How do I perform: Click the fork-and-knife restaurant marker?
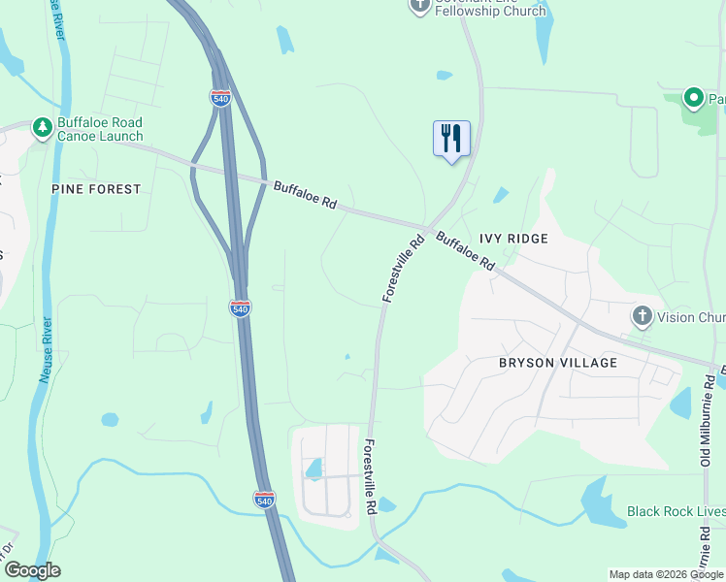point(451,139)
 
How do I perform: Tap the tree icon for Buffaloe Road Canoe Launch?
point(42,128)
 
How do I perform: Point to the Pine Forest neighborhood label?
point(97,189)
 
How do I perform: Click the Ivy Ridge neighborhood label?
point(513,239)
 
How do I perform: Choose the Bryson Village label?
point(557,363)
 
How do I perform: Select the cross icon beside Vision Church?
point(641,315)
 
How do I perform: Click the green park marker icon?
point(693,98)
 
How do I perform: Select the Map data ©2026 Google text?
point(665,574)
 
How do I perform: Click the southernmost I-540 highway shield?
point(264,500)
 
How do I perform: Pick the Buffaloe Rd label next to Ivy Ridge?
point(466,251)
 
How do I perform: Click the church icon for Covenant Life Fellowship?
point(419,6)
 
